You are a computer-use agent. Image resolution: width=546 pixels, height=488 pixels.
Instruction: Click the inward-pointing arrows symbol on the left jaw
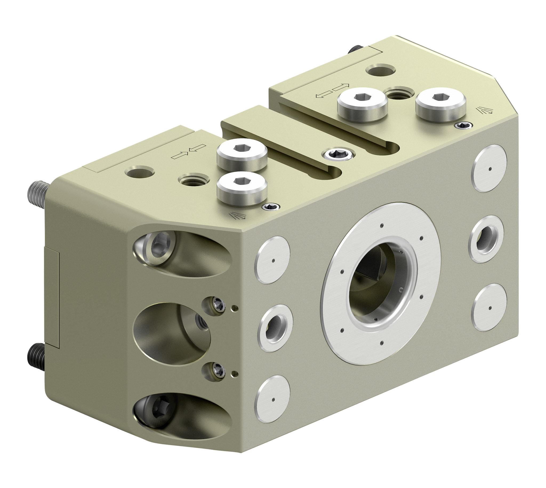point(188,152)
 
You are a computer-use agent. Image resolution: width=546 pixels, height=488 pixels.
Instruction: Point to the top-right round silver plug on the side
point(489,168)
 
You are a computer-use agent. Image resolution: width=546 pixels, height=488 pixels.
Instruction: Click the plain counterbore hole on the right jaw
point(380,70)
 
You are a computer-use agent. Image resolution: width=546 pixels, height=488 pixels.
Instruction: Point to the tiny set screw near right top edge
point(464,125)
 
